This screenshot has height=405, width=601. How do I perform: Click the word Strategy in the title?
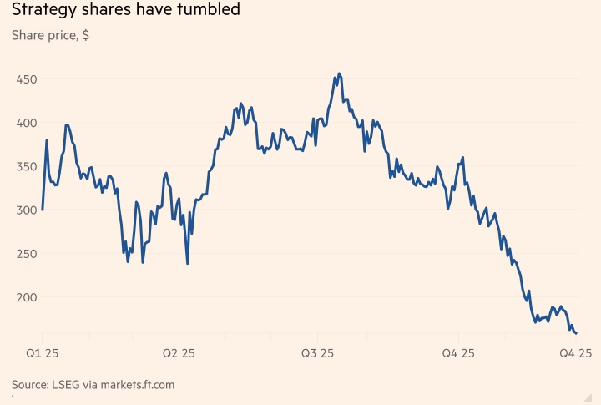coord(43,11)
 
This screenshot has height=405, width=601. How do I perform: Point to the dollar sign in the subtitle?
coord(86,37)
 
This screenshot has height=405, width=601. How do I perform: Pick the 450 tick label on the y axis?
coord(25,79)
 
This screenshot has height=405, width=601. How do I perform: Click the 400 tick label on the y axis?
coord(25,123)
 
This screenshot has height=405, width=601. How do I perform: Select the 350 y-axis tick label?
coord(25,166)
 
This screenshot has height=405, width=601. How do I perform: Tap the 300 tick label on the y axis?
coord(25,210)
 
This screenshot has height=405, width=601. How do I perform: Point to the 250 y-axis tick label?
coord(25,253)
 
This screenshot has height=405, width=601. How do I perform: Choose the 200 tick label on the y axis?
coord(25,296)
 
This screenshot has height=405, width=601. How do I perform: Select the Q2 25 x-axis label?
coord(179,353)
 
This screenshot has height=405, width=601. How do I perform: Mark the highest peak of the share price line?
coord(338,73)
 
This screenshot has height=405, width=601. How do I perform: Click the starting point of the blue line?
coord(42,210)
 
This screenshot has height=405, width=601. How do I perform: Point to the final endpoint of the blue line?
coord(576,334)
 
